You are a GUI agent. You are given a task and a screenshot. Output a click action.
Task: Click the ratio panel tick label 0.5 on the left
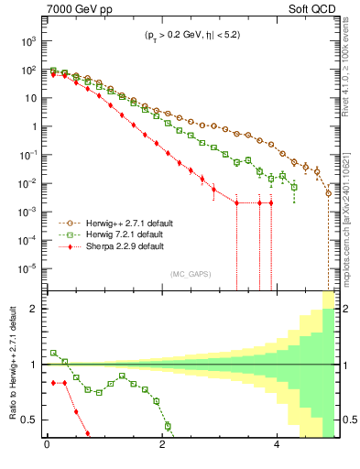[27, 420]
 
